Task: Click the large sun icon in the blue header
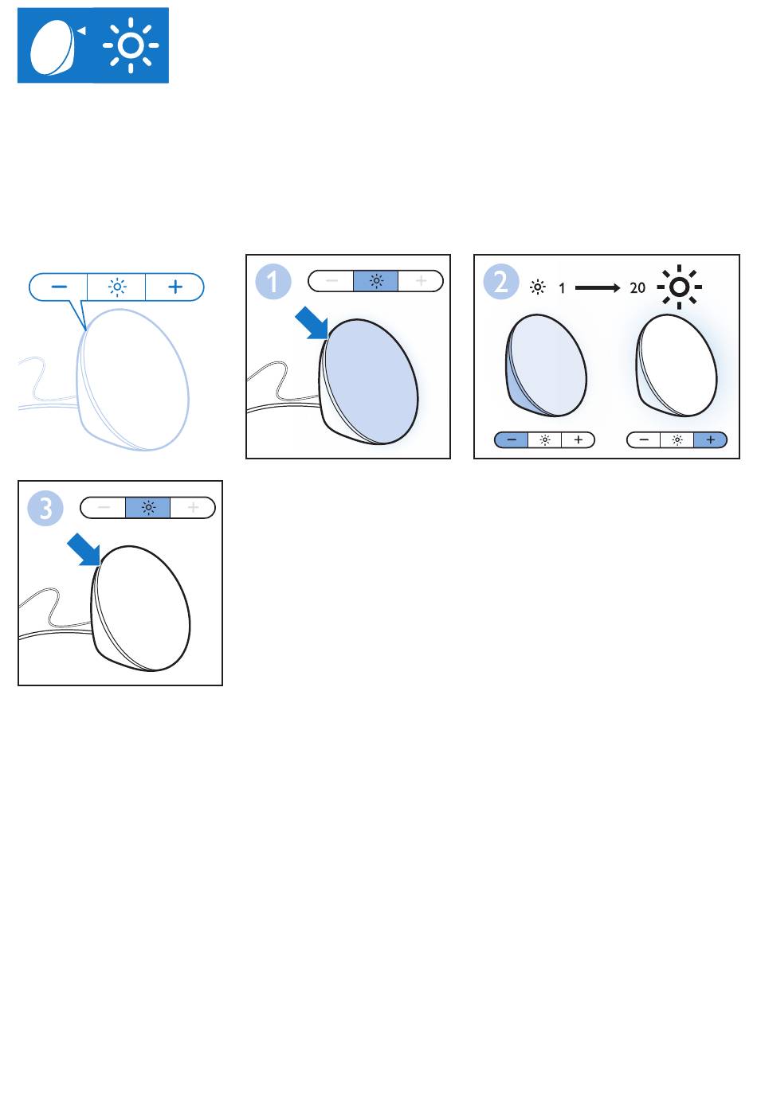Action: (131, 45)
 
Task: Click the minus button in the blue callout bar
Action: (58, 287)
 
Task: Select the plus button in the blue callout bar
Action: (175, 287)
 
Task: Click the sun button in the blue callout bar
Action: (117, 287)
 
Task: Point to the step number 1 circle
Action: (273, 282)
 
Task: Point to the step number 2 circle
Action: (501, 282)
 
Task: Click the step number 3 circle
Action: (45, 508)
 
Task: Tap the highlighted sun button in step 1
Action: (376, 281)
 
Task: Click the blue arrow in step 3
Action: (84, 550)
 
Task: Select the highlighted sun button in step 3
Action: (148, 507)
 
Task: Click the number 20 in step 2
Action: (637, 287)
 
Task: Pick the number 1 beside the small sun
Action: (563, 287)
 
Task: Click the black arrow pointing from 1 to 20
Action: (598, 287)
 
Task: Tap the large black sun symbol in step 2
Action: (679, 287)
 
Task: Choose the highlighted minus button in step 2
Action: (512, 439)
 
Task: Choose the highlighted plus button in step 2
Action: (710, 439)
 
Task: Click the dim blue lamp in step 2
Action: (546, 365)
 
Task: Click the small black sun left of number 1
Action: (538, 287)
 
